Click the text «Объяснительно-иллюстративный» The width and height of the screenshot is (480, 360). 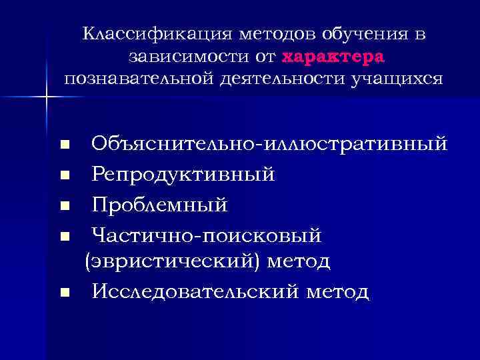coord(269,143)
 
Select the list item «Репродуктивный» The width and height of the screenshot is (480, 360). coord(183,175)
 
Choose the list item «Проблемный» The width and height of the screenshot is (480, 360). coord(160,205)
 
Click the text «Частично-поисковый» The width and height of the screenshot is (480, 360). coord(207,235)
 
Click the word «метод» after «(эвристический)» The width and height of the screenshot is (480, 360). coord(299,261)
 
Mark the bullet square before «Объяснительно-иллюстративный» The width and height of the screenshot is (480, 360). coord(64,145)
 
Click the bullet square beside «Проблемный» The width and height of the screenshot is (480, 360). coord(64,206)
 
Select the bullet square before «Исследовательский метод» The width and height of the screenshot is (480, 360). coord(64,292)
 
